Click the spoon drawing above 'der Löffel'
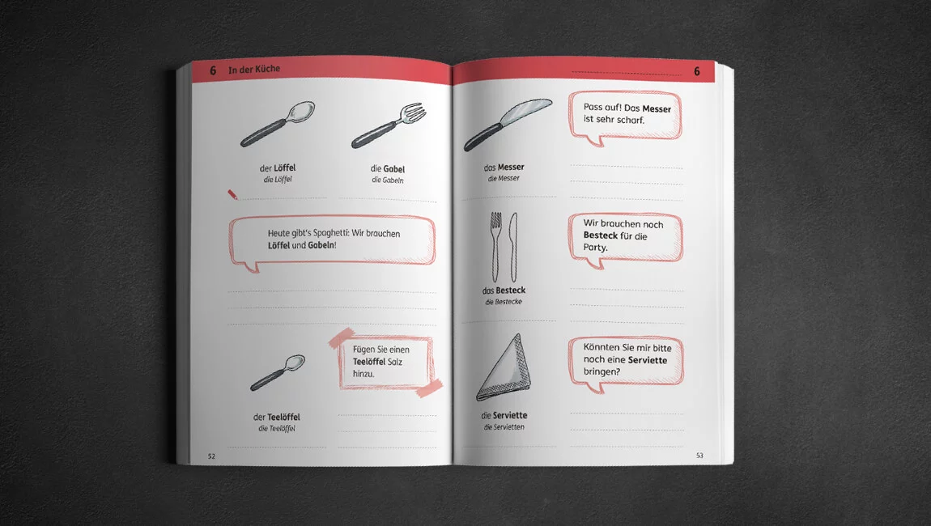(278, 124)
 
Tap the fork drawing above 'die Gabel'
(389, 125)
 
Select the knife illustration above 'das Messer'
(508, 124)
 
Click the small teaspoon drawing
(278, 372)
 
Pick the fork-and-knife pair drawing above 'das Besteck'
(504, 247)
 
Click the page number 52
(211, 456)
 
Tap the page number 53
(699, 456)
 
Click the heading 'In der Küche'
(254, 70)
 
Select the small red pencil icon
(232, 194)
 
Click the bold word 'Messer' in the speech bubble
(657, 108)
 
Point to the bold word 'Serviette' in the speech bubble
(647, 360)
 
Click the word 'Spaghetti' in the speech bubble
(327, 233)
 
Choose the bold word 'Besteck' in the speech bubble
(600, 235)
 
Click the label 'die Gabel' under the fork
(388, 168)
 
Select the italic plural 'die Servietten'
(504, 426)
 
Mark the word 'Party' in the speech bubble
(595, 248)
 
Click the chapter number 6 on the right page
(697, 72)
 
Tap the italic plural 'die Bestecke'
(504, 302)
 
